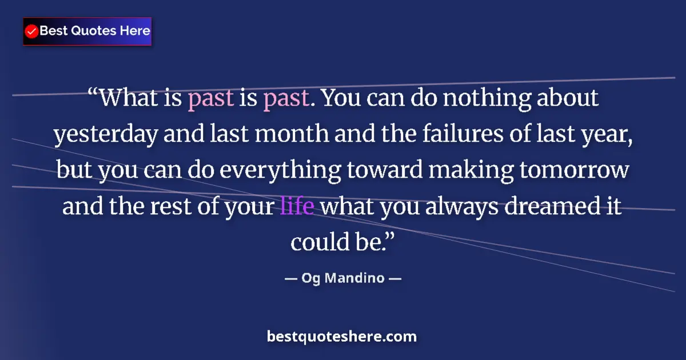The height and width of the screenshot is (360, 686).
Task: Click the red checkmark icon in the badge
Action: coord(32,31)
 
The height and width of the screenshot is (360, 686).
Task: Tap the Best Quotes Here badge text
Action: coord(95,31)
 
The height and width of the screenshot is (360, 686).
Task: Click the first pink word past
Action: coord(210,98)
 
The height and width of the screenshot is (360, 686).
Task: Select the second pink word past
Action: coord(286,98)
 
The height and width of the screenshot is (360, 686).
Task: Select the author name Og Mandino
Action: coord(343,279)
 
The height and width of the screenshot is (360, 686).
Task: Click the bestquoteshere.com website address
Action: coord(342,337)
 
